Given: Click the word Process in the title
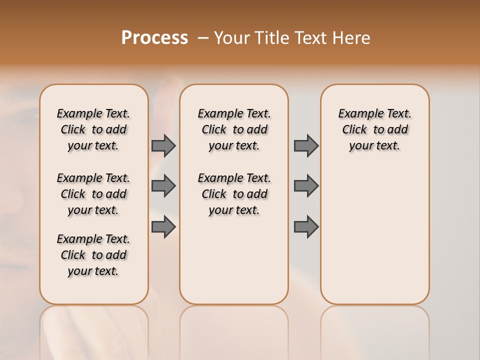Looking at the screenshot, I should [154, 38].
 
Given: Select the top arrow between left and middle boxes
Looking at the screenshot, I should [163, 145].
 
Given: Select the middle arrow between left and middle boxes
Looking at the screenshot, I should [163, 186].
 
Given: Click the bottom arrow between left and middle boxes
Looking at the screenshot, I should [163, 227].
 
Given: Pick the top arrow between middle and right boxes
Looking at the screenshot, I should [306, 145].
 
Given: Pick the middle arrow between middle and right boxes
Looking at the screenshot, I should [306, 186].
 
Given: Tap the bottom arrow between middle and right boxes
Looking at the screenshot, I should [306, 227].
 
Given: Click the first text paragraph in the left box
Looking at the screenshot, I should [93, 129].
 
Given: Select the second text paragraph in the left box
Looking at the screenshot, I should [93, 194].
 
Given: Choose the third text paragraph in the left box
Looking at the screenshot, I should [93, 255].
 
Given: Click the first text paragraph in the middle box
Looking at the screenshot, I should [234, 129].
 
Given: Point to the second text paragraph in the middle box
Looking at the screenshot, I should [234, 194].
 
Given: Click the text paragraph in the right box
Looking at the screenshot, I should [375, 129].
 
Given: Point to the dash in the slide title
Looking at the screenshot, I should [202, 38].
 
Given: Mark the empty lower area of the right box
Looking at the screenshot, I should [375, 240].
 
